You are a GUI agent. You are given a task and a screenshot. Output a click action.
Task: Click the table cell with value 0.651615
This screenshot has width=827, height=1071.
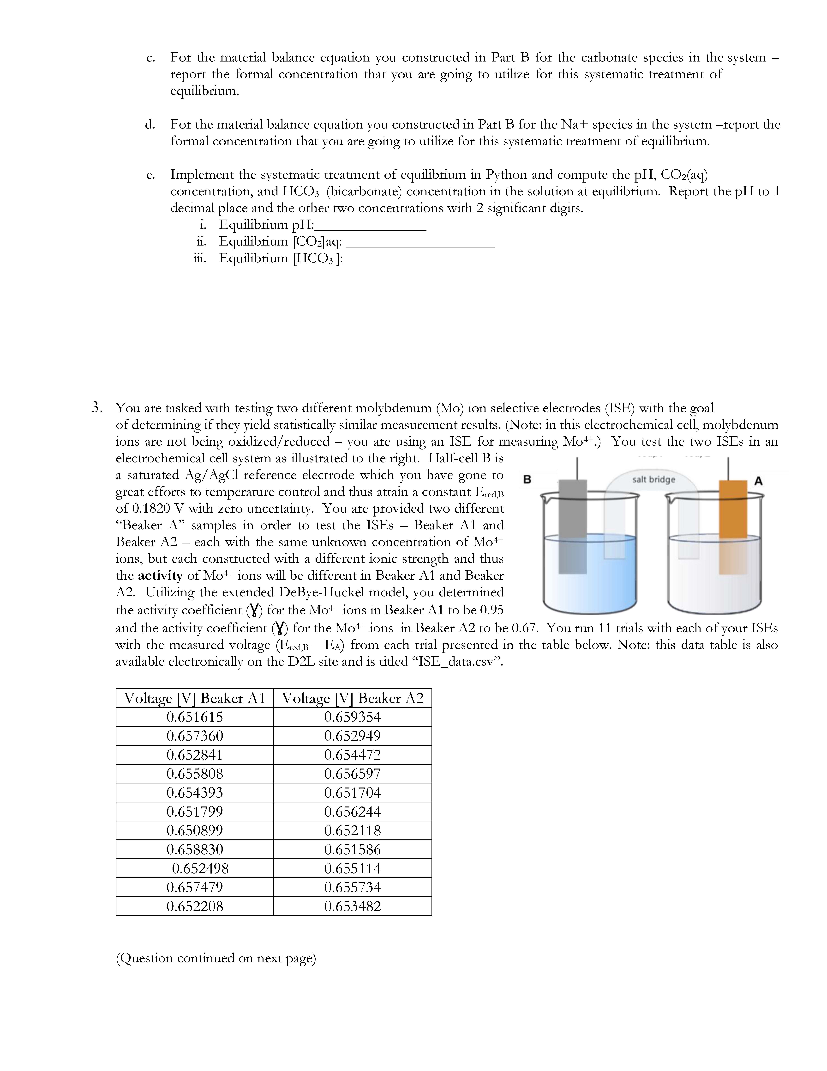194,717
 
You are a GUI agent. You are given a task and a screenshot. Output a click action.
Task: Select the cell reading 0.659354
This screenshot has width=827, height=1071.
352,717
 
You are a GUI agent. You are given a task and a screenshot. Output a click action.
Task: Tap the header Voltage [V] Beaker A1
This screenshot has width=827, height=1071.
194,698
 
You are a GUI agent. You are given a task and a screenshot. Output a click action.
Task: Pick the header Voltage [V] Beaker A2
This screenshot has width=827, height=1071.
352,698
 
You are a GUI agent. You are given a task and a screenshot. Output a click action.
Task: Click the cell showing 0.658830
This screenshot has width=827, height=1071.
194,849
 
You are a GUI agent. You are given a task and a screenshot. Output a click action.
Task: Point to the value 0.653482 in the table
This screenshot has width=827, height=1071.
352,906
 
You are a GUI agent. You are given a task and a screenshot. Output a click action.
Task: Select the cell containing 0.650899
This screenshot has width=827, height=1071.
194,830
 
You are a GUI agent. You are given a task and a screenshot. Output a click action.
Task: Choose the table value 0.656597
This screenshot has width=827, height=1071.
352,774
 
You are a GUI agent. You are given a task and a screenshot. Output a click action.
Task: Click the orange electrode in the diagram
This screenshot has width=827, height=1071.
733,510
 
